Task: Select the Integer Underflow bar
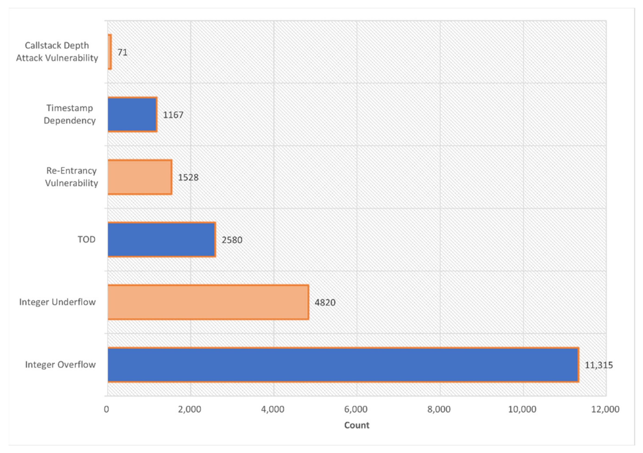(208, 302)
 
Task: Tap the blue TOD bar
(162, 239)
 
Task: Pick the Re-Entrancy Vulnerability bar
(140, 177)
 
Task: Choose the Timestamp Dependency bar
(132, 114)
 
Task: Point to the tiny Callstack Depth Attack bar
(110, 52)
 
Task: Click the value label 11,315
(599, 365)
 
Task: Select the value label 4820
(325, 302)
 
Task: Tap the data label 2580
(232, 240)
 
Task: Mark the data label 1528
(188, 177)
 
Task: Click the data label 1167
(173, 115)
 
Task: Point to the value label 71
(122, 52)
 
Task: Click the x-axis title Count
(357, 425)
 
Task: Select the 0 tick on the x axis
(106, 409)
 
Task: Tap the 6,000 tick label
(356, 409)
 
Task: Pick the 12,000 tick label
(605, 409)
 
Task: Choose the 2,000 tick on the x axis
(190, 409)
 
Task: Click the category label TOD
(86, 239)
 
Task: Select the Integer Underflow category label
(57, 302)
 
